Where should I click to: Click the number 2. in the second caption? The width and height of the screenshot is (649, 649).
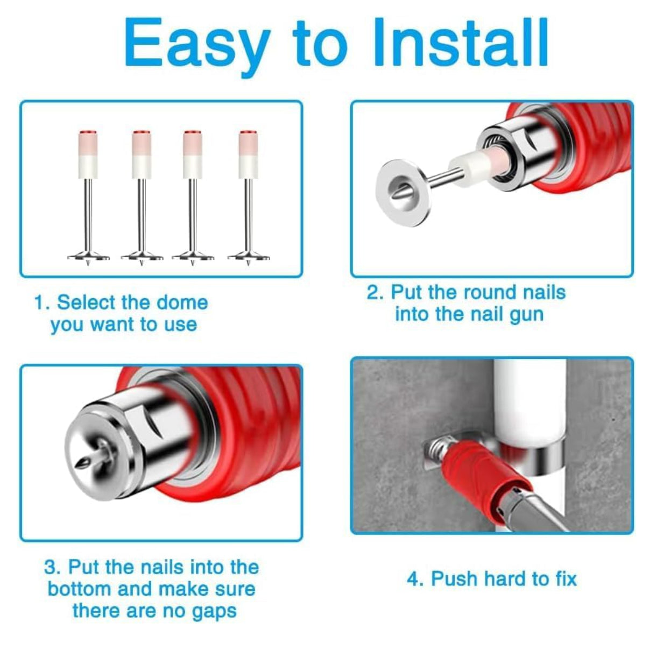[x=375, y=292]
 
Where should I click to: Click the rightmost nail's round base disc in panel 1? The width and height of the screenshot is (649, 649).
[x=249, y=257]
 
